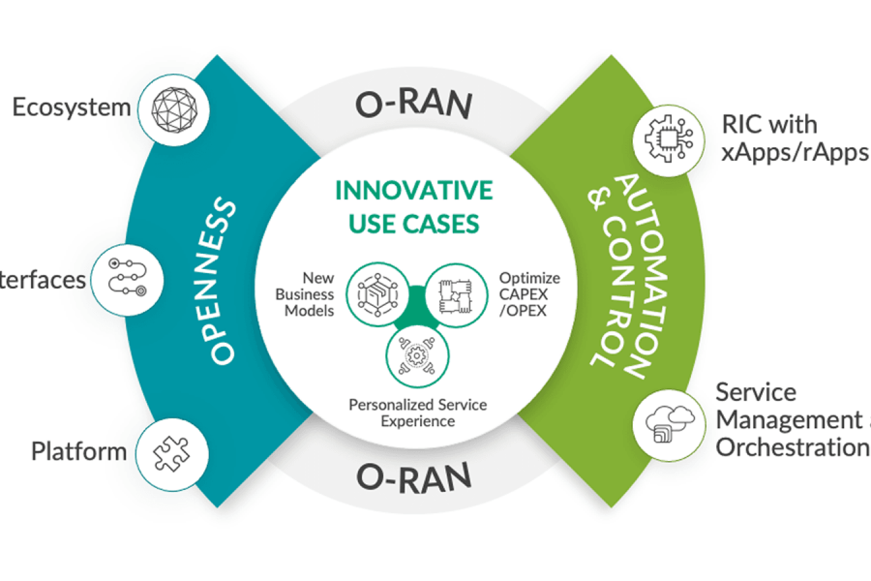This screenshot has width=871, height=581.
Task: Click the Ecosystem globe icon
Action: (175, 108)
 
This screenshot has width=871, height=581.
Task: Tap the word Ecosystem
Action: (71, 107)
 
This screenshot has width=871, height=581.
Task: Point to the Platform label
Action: (79, 451)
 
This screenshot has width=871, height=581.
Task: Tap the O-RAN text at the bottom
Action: (414, 475)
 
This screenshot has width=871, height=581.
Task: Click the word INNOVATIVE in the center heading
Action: (414, 190)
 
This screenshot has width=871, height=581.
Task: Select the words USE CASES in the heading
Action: (414, 224)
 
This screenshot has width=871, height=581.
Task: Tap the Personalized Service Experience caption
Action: (418, 413)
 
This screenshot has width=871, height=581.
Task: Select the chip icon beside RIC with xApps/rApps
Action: (665, 138)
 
